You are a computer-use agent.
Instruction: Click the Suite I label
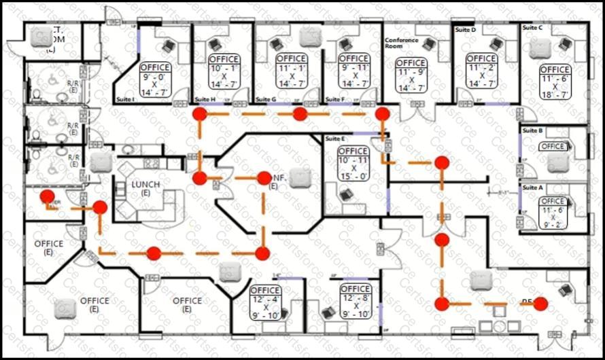[x=126, y=99]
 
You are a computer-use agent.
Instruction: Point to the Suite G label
[x=265, y=100]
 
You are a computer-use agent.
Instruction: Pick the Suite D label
[x=465, y=30]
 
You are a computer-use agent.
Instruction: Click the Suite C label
[x=532, y=28]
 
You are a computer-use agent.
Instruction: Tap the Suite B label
[x=531, y=130]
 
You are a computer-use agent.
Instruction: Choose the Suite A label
[x=531, y=186]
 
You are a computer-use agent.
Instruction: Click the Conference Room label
[x=399, y=43]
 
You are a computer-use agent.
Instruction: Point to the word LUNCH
[x=145, y=185]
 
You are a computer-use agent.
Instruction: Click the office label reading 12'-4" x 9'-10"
[x=266, y=302]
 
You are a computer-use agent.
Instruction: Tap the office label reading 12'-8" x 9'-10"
[x=355, y=302]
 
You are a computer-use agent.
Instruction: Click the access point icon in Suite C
[x=539, y=46]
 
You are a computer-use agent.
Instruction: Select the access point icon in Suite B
[x=557, y=162]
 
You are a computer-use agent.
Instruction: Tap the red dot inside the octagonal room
[x=264, y=178]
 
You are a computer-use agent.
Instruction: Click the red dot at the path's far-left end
[x=48, y=197]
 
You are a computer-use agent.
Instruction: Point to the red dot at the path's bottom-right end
[x=540, y=304]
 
